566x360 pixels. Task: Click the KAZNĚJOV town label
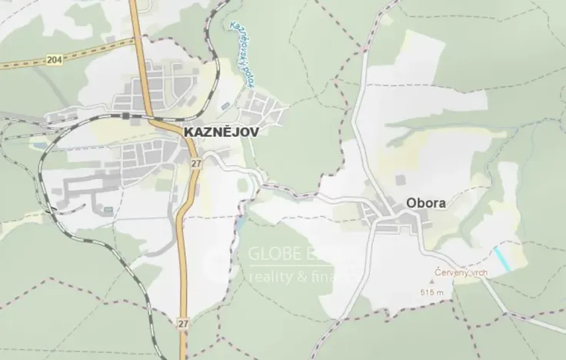click(x=221, y=132)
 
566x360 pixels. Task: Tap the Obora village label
click(x=426, y=205)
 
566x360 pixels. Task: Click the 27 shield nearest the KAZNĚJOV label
click(x=196, y=163)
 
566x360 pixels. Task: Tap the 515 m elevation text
click(x=433, y=293)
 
